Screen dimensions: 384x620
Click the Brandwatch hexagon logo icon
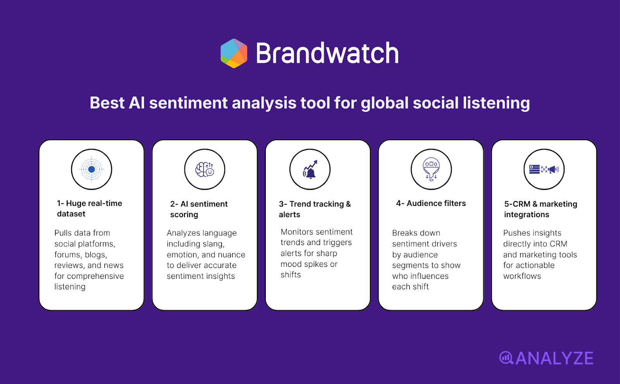coord(234,54)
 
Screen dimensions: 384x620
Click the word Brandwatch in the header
coord(327,54)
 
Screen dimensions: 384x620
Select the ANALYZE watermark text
coord(554,358)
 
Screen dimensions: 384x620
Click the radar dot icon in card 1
coord(91,170)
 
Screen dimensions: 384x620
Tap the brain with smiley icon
coord(205,170)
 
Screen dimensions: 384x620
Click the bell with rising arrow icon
coord(310,170)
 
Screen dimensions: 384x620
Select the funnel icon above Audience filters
coord(431,170)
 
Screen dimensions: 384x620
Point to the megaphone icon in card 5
coord(554,170)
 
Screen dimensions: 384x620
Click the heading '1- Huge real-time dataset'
coord(90,209)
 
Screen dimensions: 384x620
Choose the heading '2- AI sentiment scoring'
coord(199,209)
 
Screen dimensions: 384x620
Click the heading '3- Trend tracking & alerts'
coord(315,209)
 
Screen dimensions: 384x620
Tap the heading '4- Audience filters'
coord(431,203)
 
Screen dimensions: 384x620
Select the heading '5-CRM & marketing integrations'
coord(541,209)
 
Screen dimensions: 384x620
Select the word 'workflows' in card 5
coord(522,276)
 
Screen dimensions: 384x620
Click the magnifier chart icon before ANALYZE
coord(506,358)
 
